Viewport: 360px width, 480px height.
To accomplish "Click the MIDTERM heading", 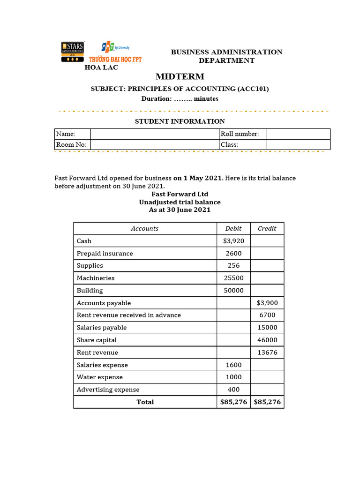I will tap(180, 76).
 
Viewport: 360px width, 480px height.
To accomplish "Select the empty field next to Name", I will tap(154, 134).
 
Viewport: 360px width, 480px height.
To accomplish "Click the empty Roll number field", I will tap(298, 134).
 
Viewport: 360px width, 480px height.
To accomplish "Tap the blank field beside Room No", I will tap(154, 145).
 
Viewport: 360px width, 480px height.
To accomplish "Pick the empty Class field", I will tap(298, 145).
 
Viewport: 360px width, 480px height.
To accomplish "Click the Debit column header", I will tap(233, 228).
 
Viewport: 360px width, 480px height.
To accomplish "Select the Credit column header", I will tap(267, 228).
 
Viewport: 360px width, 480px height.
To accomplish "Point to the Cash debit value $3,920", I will tap(233, 241).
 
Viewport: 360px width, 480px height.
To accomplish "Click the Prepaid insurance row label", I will tap(105, 254).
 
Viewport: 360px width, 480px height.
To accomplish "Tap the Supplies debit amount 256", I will tap(233, 266).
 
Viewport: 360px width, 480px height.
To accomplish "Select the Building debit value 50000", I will tap(233, 291).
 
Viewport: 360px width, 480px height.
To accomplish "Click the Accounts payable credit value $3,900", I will tap(267, 303).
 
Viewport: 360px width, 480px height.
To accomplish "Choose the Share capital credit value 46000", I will tap(267, 340).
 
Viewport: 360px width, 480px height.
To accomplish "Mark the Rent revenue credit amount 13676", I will tap(267, 352).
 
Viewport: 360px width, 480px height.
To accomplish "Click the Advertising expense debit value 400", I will tap(233, 390).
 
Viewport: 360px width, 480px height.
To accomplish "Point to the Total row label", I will tap(145, 402).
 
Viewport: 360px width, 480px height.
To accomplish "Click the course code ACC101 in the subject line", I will tap(253, 89).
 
